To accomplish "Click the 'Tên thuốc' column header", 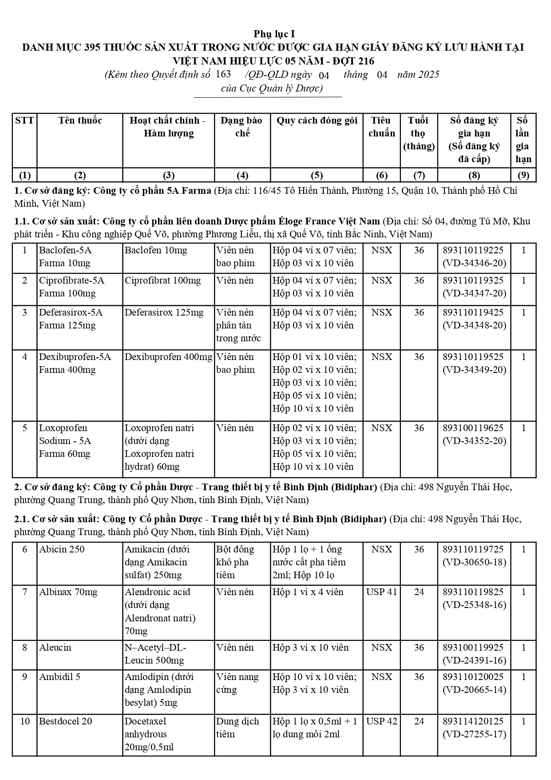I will (x=80, y=120).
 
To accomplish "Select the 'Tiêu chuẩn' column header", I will (x=381, y=127).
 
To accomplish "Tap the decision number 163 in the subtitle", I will (x=223, y=74).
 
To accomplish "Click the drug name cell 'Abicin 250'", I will (x=62, y=549).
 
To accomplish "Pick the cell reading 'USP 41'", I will (x=381, y=592).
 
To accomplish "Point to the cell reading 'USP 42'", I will (x=381, y=721).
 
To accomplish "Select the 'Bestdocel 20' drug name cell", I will (x=66, y=721).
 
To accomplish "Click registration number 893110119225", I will (x=473, y=250).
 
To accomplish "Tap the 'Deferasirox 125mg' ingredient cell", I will (x=164, y=312).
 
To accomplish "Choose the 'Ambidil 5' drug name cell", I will (x=60, y=677).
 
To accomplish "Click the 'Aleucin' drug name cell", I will (x=55, y=648).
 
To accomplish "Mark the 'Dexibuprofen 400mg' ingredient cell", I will (x=168, y=357).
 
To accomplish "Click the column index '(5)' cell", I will (x=317, y=175).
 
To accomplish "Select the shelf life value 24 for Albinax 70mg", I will (x=419, y=592).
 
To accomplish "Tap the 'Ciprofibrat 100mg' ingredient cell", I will (x=163, y=280).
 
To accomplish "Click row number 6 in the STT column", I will (x=25, y=549).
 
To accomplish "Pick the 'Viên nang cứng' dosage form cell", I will (x=237, y=683).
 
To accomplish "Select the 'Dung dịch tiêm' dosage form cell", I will (x=237, y=728).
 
